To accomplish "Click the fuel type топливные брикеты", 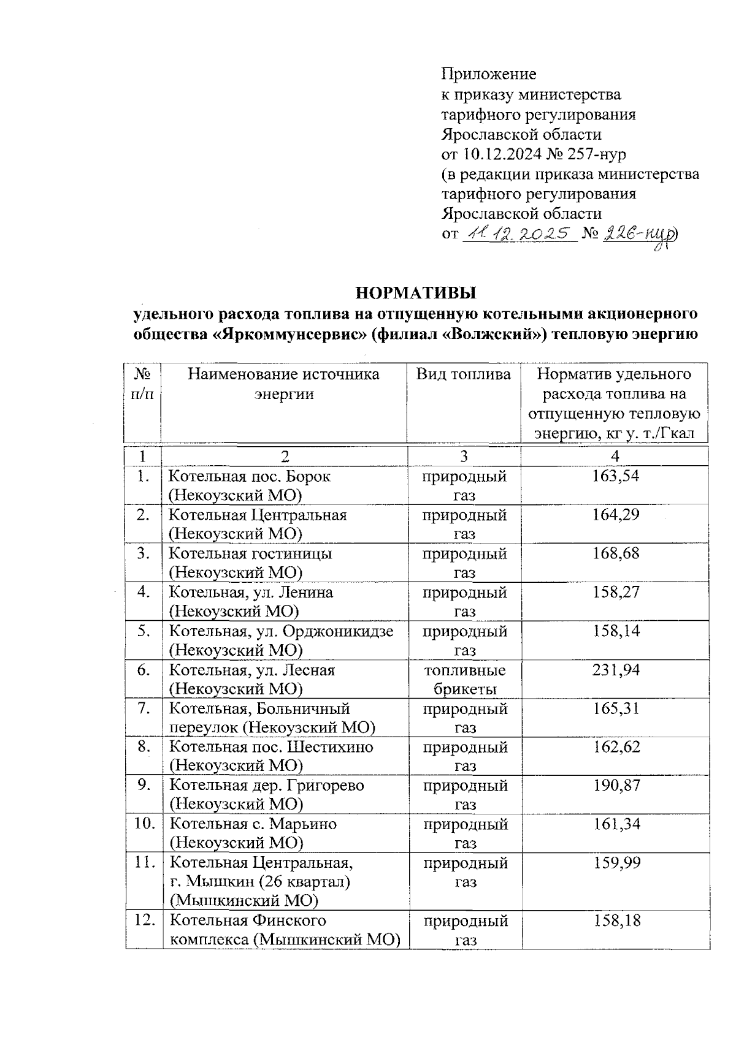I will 465,679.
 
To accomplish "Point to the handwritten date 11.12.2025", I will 520,234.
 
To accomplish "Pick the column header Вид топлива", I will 463,374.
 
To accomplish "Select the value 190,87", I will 616,785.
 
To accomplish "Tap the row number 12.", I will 144,920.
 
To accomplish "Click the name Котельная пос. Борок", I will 249,476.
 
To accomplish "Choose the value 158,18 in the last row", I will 616,920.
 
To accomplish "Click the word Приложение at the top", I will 489,74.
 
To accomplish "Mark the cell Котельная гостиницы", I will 250,553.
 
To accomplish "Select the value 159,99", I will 616,863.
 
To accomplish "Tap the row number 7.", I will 144,709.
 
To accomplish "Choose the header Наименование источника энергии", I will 283,384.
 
